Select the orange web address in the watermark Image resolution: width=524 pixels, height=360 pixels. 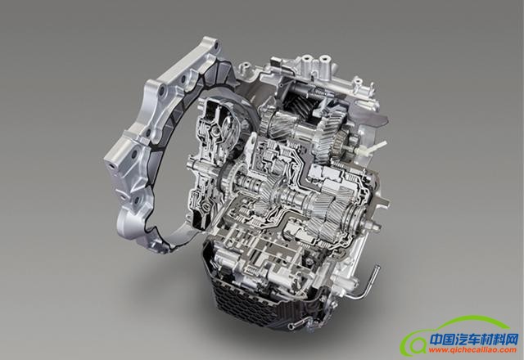coord(472,350)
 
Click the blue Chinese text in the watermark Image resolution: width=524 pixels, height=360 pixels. coord(474,340)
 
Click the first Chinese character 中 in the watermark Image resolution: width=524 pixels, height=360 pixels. coord(436,340)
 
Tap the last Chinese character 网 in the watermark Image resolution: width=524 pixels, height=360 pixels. coord(512,340)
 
